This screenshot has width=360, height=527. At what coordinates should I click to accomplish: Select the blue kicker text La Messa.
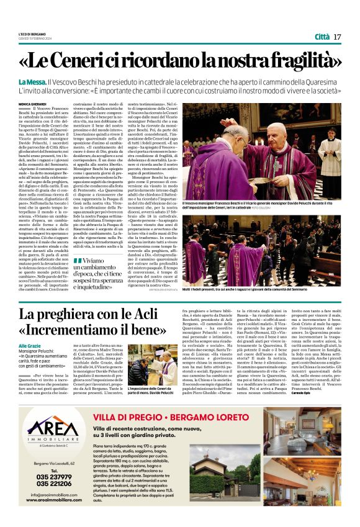click(31, 83)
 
